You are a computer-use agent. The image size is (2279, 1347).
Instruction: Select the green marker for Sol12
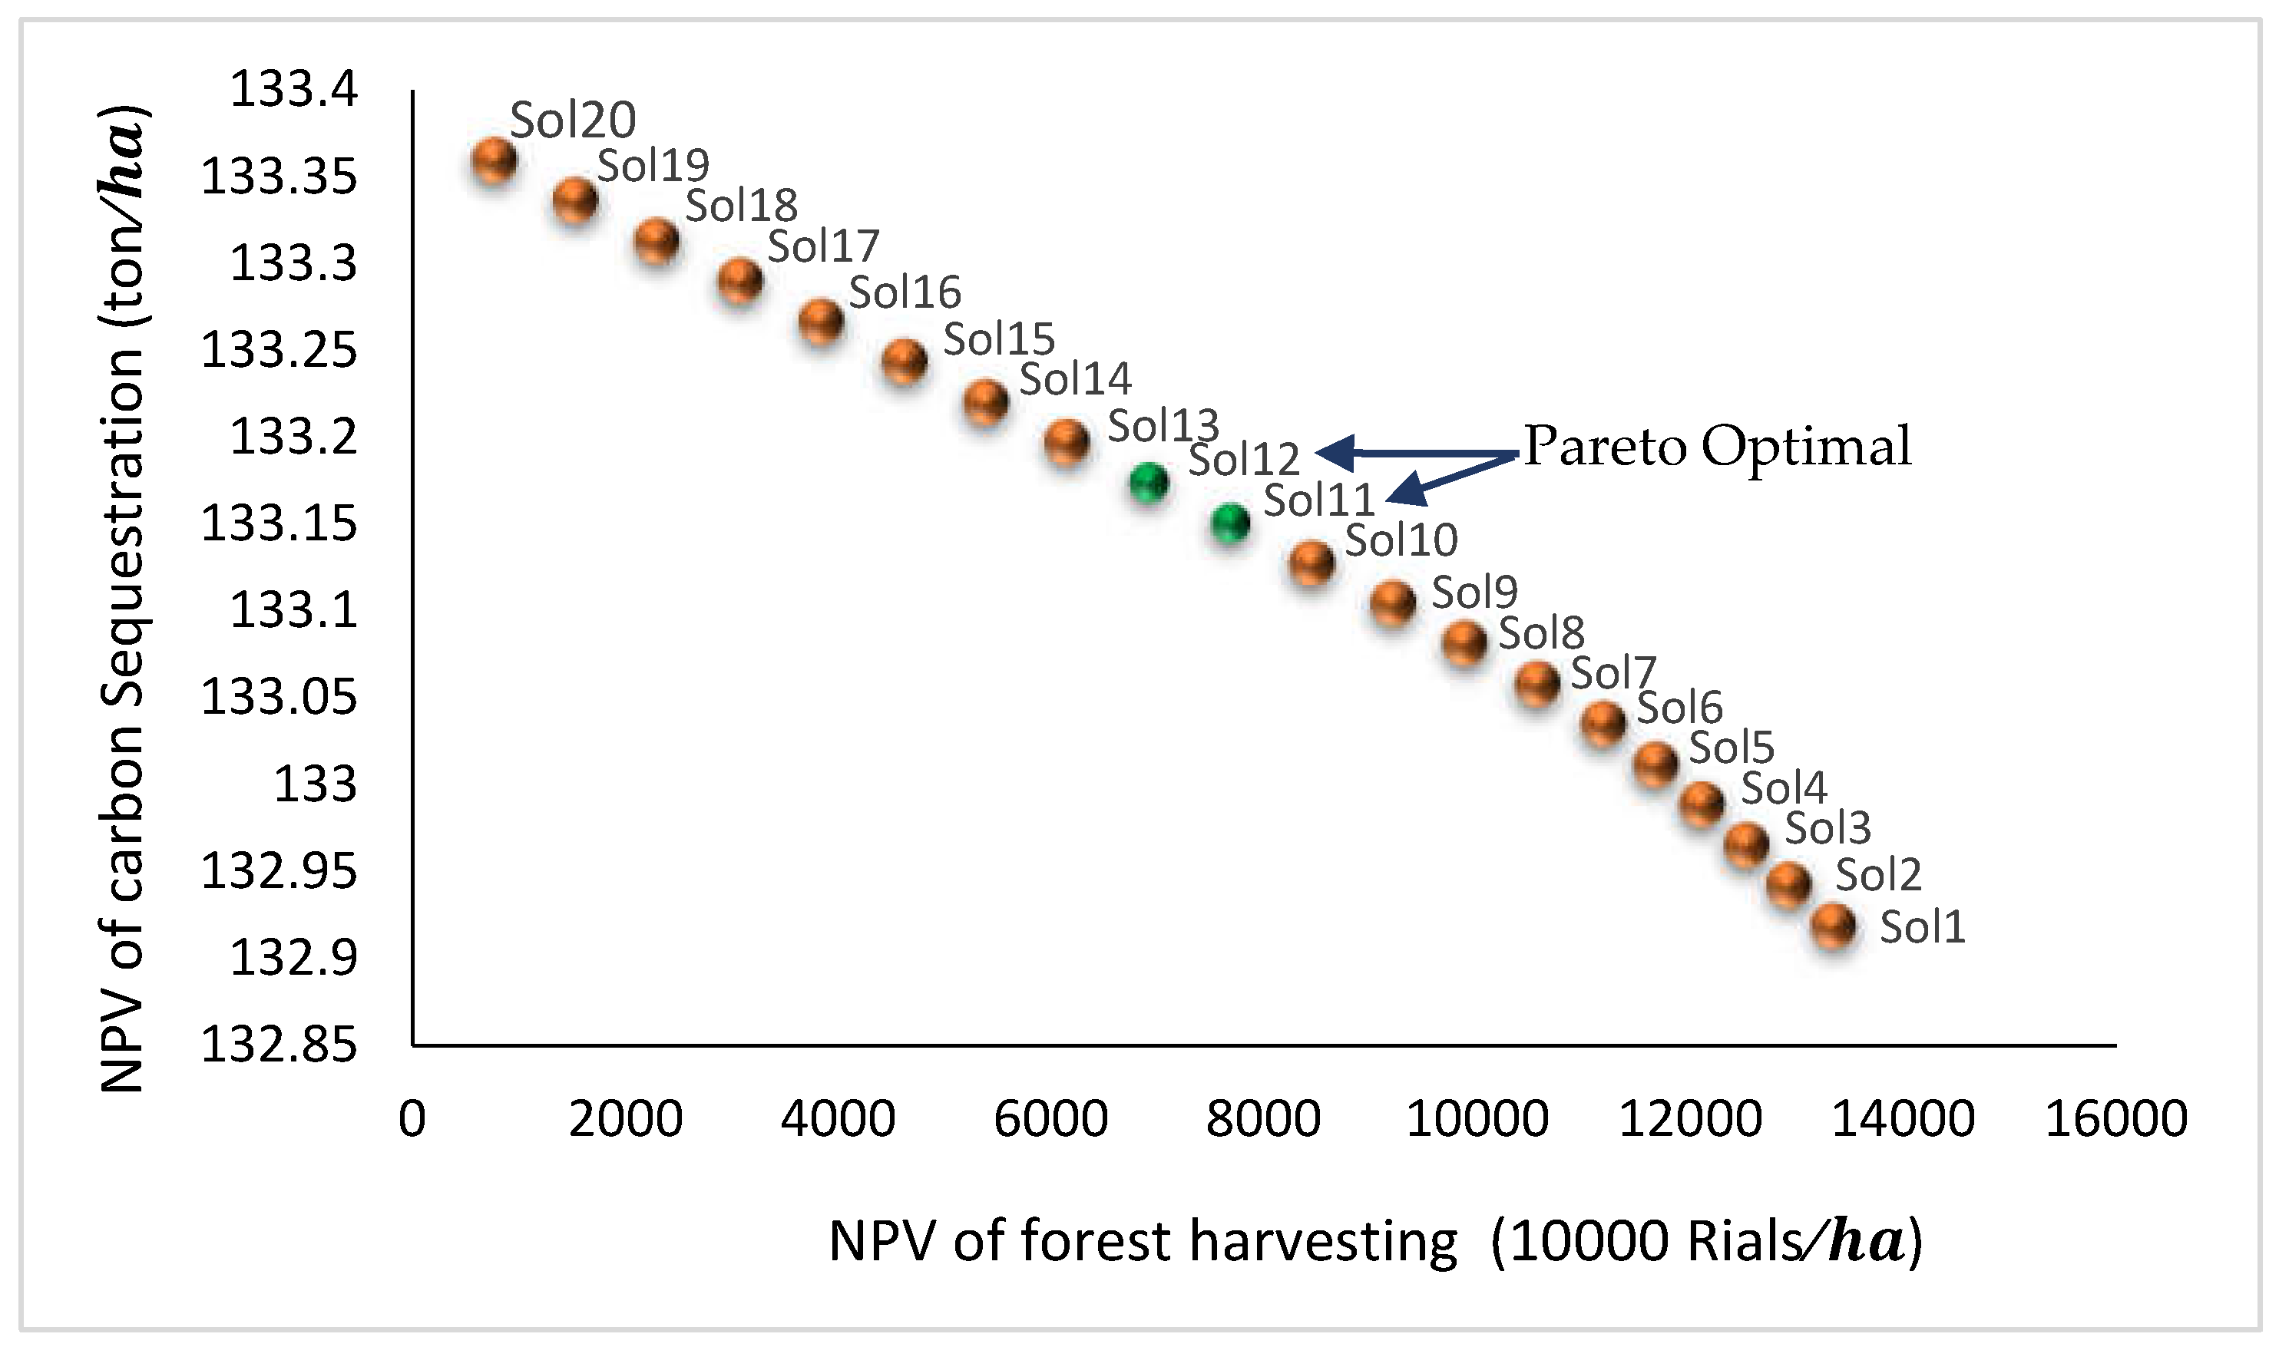coord(1149,482)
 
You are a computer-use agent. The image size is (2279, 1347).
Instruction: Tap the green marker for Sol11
coord(1230,523)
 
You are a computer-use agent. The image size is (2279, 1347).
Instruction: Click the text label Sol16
coord(905,292)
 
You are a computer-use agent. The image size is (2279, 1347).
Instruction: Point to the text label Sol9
coord(1474,592)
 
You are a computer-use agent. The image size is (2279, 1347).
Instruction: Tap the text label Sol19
coord(653,165)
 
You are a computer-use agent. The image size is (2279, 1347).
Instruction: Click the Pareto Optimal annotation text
coord(1717,447)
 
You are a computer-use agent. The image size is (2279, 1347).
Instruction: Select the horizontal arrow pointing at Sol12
coord(1417,451)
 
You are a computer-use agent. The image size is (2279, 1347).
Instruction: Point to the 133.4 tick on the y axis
coord(294,91)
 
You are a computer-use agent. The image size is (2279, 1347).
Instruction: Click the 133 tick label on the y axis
coord(315,784)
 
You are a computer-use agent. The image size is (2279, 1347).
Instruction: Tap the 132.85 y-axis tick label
coord(279,1045)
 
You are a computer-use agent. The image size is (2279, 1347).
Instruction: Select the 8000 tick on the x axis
coord(1262,1118)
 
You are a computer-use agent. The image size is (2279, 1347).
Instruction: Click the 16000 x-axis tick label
coord(2115,1118)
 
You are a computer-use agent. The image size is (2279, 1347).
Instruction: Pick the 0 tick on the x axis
coord(412,1118)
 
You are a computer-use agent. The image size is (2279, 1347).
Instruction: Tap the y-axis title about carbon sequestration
coord(123,599)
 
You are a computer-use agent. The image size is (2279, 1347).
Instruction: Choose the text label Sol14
coord(1075,378)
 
